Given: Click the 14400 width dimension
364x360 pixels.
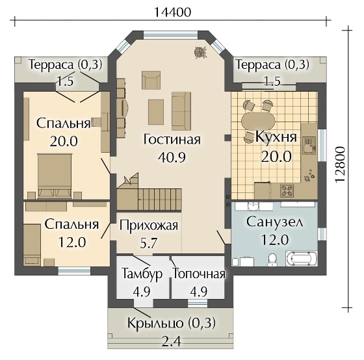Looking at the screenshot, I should [177, 11].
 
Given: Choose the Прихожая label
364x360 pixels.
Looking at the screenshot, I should [148, 225].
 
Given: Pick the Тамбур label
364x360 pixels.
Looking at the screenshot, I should [138, 274].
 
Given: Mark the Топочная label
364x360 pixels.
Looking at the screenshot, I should [198, 274].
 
